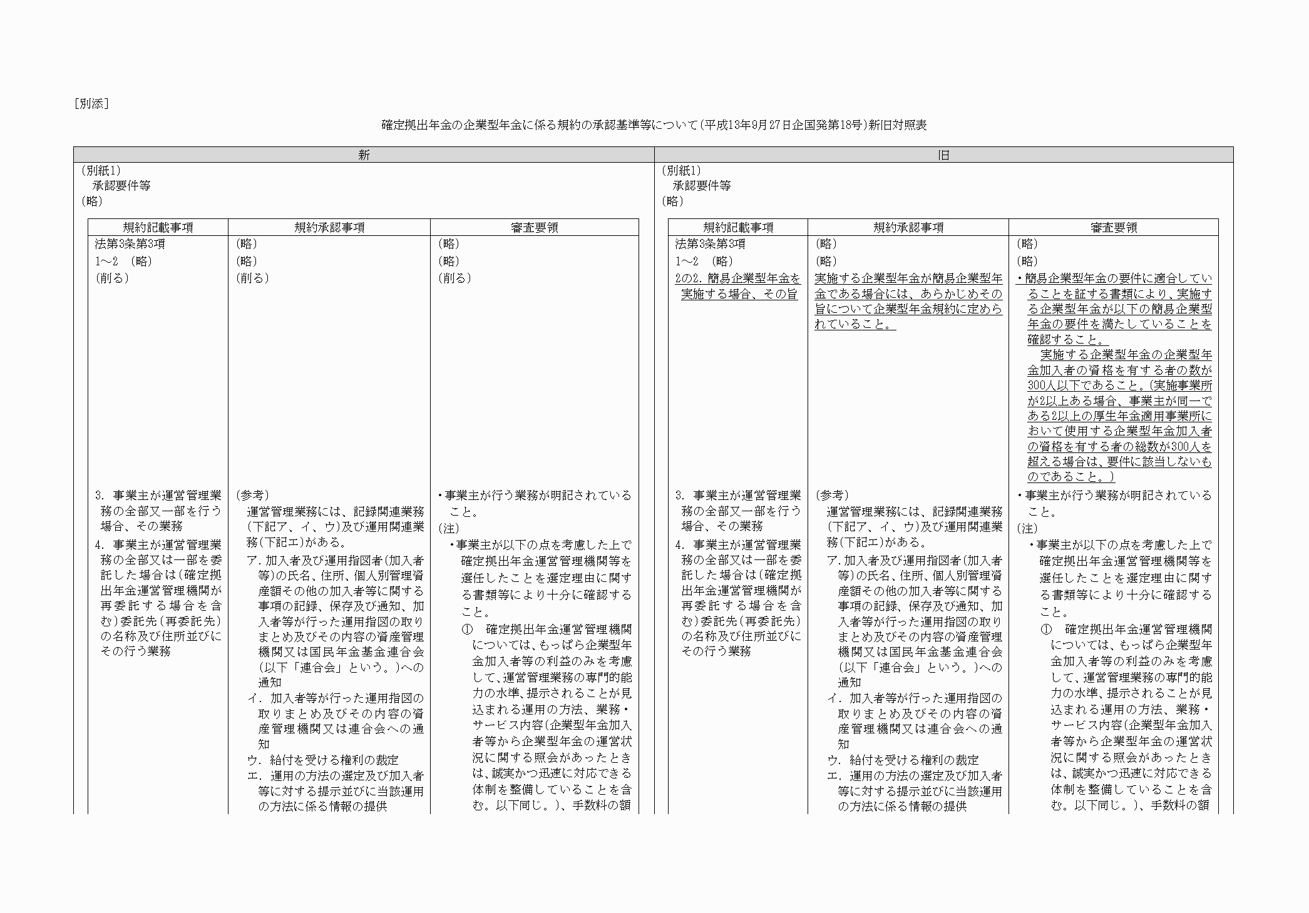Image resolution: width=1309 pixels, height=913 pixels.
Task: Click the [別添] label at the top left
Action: tap(91, 104)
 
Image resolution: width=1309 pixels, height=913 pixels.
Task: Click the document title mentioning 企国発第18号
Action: tap(654, 125)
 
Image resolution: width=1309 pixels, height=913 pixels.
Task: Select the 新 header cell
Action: tap(364, 155)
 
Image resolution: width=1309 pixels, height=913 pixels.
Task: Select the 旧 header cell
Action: tap(943, 155)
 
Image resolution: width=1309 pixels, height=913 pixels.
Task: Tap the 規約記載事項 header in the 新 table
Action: tap(158, 228)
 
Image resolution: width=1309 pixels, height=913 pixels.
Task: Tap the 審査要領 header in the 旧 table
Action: tap(1113, 228)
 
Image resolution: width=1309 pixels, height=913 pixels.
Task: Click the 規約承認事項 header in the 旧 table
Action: tap(908, 228)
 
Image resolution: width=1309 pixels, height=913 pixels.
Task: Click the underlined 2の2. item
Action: tap(737, 278)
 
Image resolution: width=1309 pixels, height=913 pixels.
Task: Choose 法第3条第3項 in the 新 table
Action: tap(130, 244)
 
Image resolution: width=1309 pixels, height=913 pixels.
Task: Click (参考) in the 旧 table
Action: tap(832, 496)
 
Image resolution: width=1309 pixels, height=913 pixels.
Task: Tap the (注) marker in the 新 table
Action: tap(448, 529)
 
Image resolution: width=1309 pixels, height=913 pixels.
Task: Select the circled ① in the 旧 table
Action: tap(1046, 629)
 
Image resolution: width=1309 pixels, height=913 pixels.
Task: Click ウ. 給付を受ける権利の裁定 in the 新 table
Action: tap(323, 760)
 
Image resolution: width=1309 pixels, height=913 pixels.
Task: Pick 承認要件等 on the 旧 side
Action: tap(701, 186)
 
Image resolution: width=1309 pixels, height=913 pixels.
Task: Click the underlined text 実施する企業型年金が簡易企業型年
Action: tap(908, 278)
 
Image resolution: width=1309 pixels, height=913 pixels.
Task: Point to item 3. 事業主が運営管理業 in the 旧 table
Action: tap(737, 496)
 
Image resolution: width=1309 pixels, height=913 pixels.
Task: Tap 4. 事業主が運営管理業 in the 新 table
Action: tap(158, 544)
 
